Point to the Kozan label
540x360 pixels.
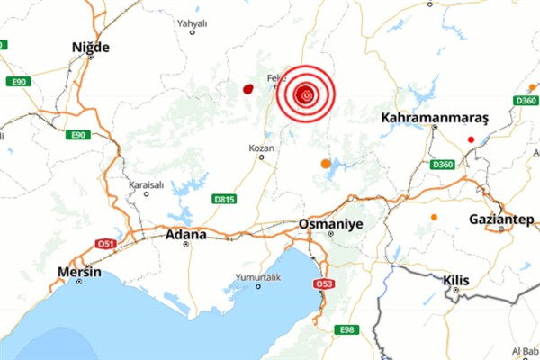pos(258,148)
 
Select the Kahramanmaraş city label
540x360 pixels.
pos(434,118)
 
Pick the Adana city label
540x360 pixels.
pos(186,235)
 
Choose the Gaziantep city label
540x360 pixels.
pos(501,219)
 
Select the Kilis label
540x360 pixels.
pos(457,281)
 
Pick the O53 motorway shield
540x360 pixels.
pos(322,284)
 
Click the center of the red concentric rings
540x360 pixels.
pos(306,94)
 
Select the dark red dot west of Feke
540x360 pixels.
pos(247,89)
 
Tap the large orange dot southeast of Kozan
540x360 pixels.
pos(326,164)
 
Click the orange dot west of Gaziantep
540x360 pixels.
pos(434,217)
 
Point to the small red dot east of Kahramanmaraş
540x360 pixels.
pos(471,139)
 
